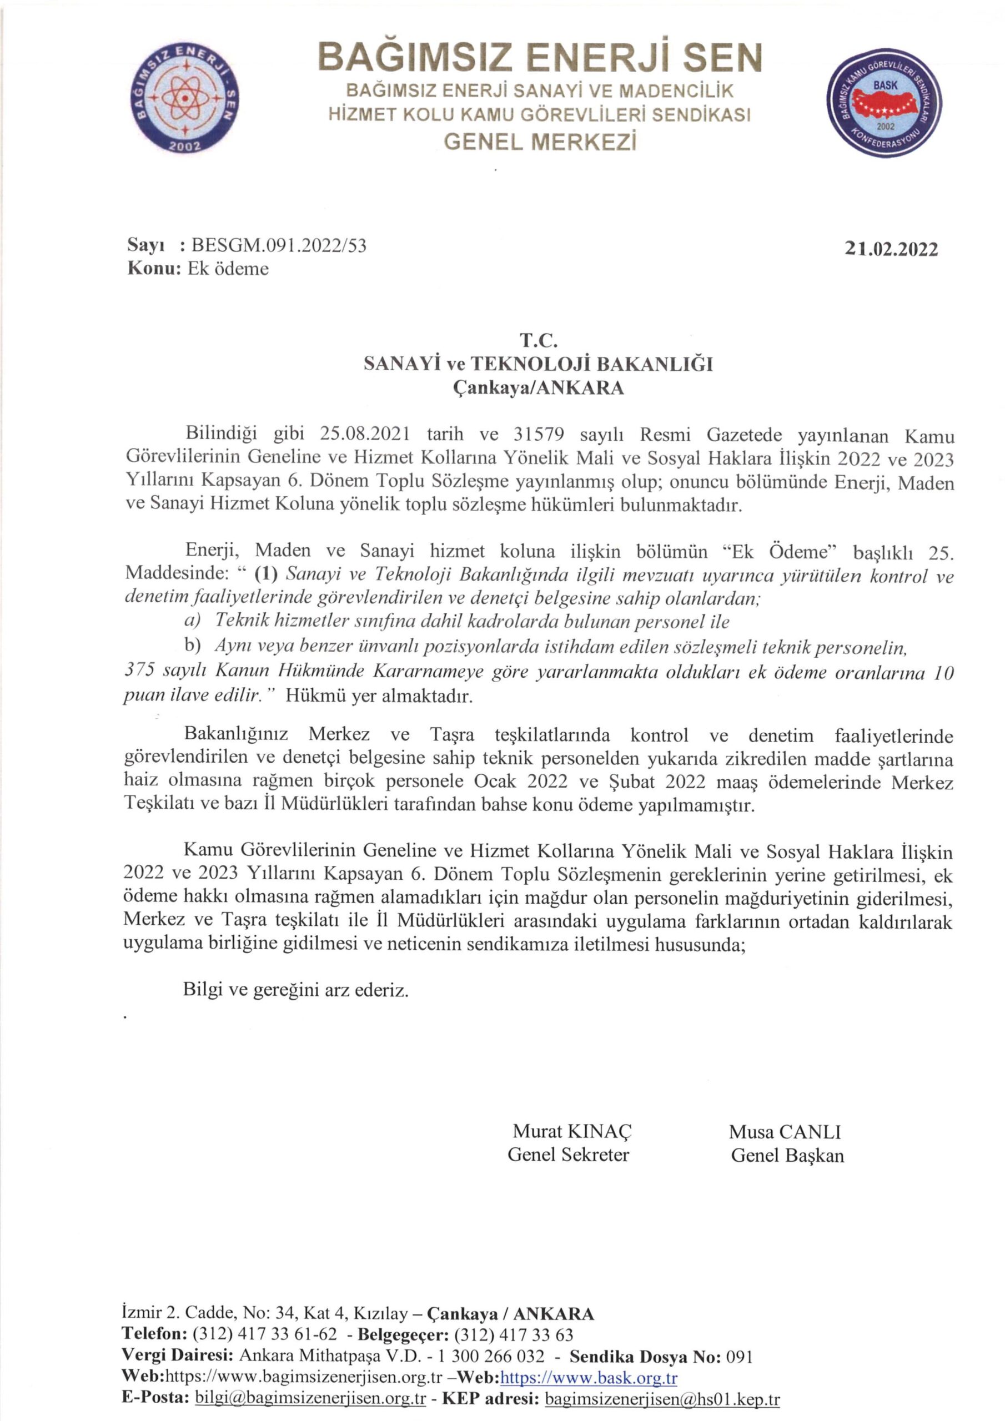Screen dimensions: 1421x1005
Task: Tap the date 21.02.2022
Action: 891,249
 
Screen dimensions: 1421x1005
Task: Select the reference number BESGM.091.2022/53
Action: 279,246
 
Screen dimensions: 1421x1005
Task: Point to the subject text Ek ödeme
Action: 228,269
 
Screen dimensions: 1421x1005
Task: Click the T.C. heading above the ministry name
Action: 538,339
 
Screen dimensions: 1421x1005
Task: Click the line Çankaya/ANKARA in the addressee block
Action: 538,388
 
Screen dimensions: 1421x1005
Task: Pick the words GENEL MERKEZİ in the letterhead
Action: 540,142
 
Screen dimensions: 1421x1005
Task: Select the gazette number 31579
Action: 539,435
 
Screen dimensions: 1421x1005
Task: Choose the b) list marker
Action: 193,646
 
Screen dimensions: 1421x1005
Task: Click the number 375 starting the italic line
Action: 139,671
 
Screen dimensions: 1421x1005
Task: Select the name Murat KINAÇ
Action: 572,1131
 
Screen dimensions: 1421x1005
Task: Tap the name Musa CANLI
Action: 785,1131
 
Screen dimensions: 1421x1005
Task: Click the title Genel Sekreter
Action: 568,1154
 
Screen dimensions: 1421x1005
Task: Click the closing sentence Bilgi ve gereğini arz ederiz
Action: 296,990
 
